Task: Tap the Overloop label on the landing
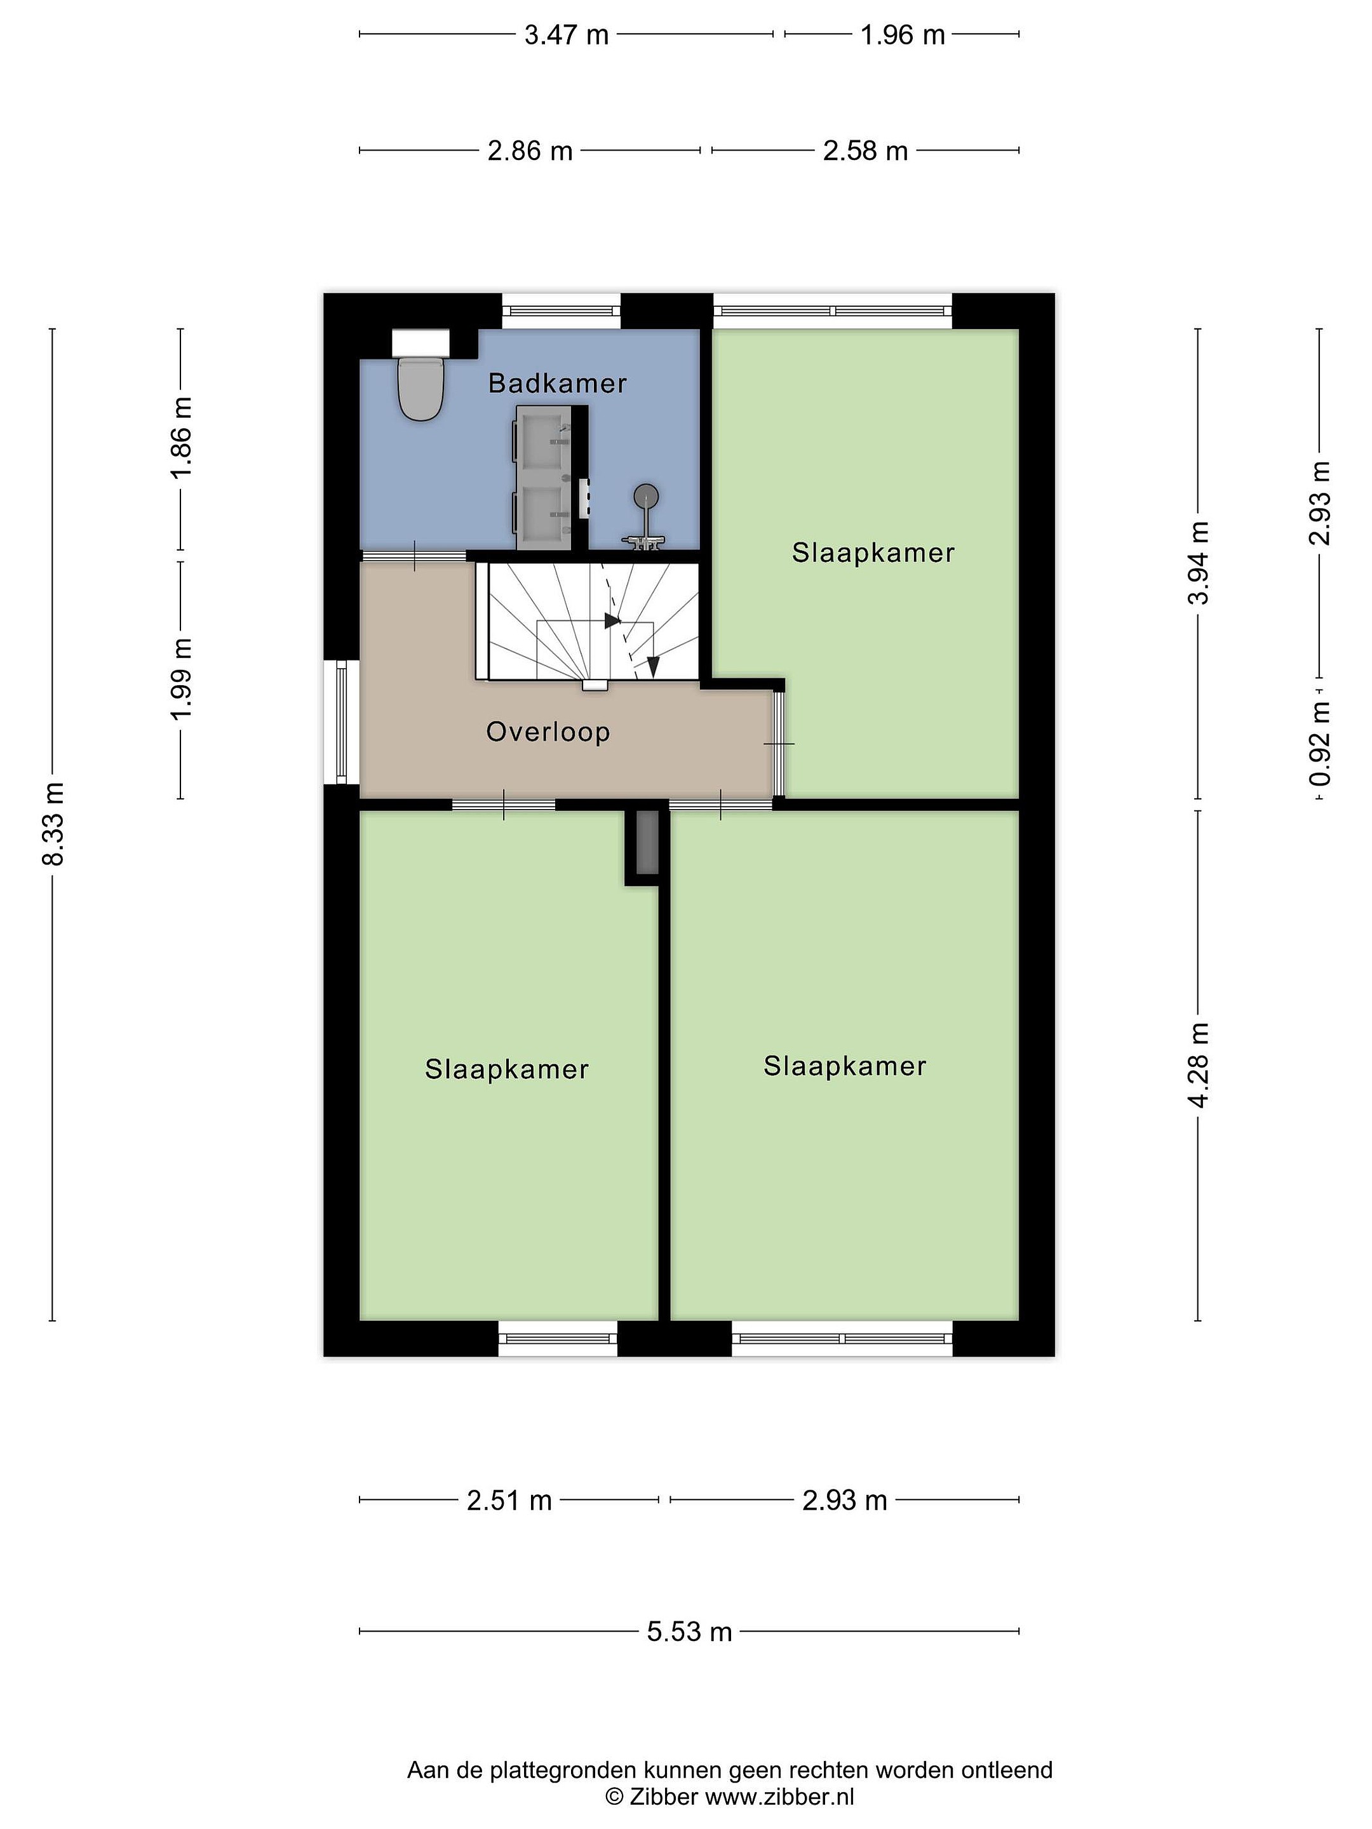click(548, 732)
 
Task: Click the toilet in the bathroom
click(421, 388)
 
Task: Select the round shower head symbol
click(647, 496)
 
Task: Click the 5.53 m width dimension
click(689, 1631)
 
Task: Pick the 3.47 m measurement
click(566, 35)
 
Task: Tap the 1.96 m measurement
click(902, 35)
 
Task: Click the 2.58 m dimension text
click(865, 151)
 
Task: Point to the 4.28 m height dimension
click(1199, 1064)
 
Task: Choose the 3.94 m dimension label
click(1199, 562)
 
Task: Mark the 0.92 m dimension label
click(1320, 743)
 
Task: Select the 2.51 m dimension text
click(509, 1500)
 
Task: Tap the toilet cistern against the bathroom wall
click(421, 342)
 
